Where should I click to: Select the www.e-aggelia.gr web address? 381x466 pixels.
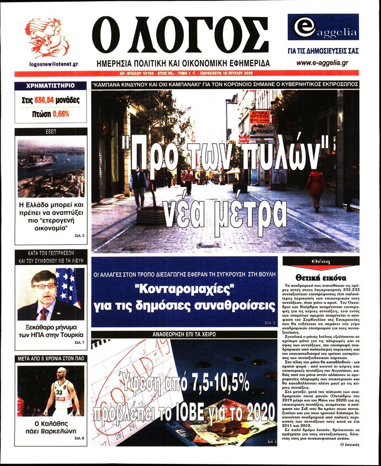pyautogui.click(x=322, y=63)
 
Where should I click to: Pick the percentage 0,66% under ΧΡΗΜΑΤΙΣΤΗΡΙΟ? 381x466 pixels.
pyautogui.click(x=60, y=114)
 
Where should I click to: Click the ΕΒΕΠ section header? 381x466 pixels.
pyautogui.click(x=51, y=132)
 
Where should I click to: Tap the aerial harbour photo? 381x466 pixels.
pyautogui.click(x=51, y=168)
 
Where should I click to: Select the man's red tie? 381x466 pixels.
pyautogui.click(x=44, y=314)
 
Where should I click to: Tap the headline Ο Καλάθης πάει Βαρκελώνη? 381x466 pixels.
pyautogui.click(x=51, y=427)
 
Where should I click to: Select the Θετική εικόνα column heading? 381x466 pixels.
pyautogui.click(x=320, y=278)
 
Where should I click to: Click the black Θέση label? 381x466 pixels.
pyautogui.click(x=320, y=262)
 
